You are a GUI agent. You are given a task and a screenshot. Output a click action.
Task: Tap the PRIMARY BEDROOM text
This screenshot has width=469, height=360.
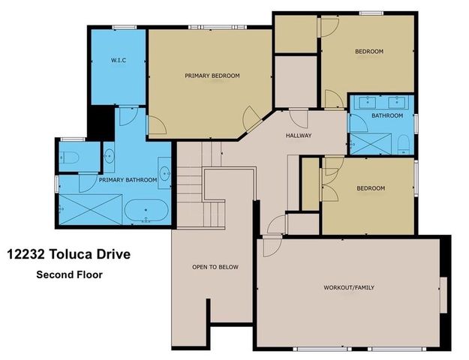tap(212, 76)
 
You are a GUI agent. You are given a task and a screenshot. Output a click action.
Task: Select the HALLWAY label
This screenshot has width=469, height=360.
tap(298, 136)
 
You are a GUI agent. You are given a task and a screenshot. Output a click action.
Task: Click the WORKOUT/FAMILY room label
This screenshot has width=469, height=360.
tap(350, 287)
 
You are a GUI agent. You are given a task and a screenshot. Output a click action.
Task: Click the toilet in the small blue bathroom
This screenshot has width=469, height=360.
tap(403, 142)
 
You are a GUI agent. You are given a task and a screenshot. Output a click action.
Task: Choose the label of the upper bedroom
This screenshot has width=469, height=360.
tap(368, 51)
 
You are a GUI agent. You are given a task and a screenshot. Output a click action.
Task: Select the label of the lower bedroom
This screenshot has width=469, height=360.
tap(370, 188)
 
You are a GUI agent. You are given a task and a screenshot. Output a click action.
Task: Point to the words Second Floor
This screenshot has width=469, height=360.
tap(69, 274)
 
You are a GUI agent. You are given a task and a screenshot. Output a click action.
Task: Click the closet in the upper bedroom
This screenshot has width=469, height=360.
tap(296, 35)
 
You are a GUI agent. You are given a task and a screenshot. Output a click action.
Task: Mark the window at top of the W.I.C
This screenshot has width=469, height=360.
tap(124, 28)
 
